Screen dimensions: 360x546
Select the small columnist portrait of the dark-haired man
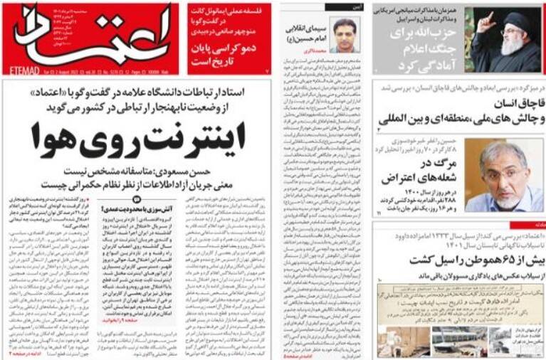click(x=345, y=34)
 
